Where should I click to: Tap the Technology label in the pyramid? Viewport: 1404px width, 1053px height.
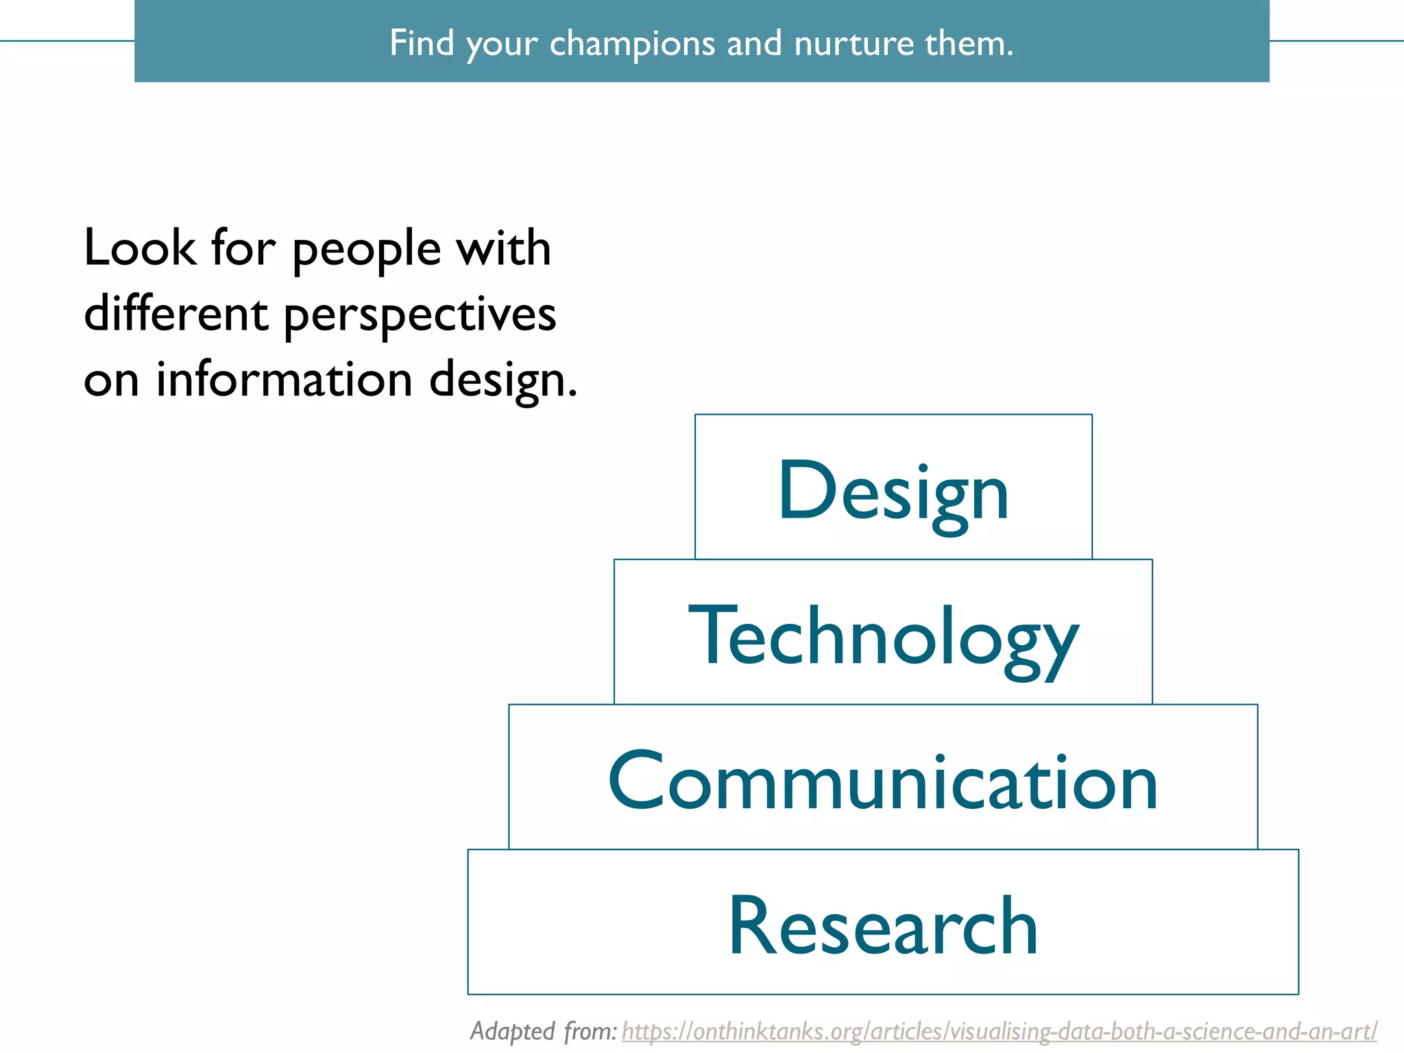(883, 638)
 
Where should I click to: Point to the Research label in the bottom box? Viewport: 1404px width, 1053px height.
(883, 927)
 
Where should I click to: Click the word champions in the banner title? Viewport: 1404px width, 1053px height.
(632, 44)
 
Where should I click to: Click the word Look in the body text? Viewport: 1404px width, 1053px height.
(140, 248)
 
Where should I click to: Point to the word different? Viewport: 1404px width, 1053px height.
(175, 314)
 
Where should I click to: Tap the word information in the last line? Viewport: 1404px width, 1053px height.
(284, 380)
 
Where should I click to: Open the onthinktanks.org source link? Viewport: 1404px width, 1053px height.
(999, 1031)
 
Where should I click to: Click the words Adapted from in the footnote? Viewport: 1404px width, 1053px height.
(543, 1031)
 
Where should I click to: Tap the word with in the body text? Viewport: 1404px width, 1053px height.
(504, 248)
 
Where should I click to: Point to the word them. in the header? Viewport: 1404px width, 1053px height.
(969, 44)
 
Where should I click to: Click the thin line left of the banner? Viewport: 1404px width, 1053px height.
(67, 41)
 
